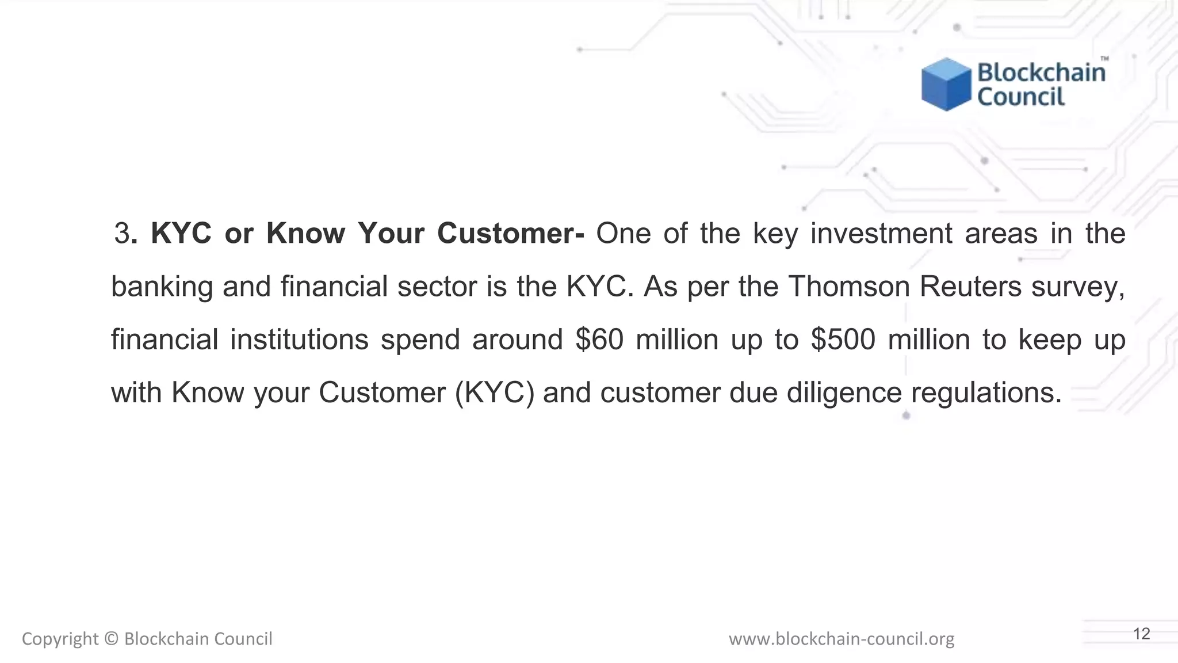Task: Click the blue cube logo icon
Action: (x=946, y=84)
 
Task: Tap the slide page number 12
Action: (x=1141, y=634)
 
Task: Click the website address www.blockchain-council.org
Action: (x=841, y=639)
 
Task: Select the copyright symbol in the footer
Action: (x=112, y=639)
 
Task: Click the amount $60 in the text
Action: (x=599, y=339)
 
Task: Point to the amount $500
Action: (x=843, y=339)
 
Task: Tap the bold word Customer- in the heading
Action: (x=511, y=233)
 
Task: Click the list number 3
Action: (x=122, y=233)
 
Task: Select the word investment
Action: (x=881, y=233)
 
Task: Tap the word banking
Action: (x=162, y=286)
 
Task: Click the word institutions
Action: (x=299, y=339)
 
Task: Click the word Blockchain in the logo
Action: (x=1041, y=73)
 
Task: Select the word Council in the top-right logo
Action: (x=1021, y=97)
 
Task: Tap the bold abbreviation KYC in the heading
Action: (x=181, y=233)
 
